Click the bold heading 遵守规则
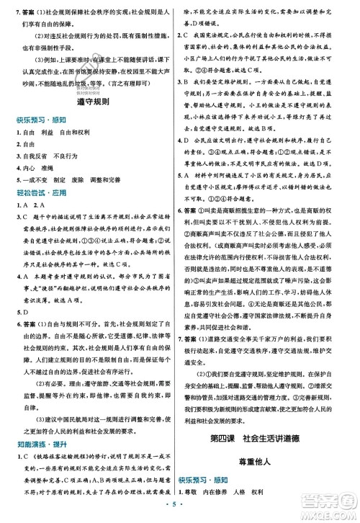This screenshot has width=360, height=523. (91, 104)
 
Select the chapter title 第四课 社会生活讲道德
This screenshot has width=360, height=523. (269, 419)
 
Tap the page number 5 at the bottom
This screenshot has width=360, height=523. (179, 506)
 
